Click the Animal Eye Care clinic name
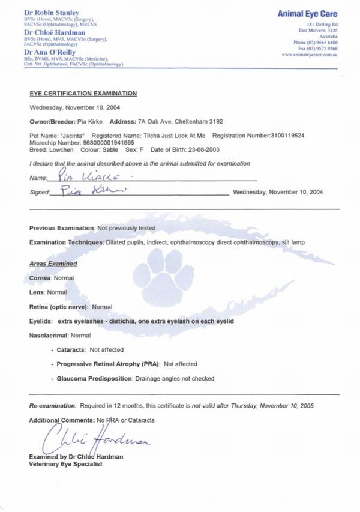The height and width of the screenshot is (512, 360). tap(307, 13)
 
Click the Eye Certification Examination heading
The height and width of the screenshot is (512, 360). tap(83, 94)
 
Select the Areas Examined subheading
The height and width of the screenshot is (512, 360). tap(53, 264)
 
